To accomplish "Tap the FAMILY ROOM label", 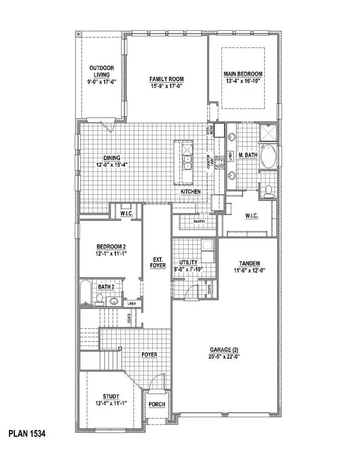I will pyautogui.click(x=166, y=79).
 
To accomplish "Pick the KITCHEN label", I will pyautogui.click(x=190, y=192).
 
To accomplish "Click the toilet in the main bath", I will pyautogui.click(x=269, y=190).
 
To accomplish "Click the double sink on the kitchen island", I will pyautogui.click(x=188, y=162).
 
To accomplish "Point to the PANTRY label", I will pyautogui.click(x=200, y=221).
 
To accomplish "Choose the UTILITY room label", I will pyautogui.click(x=188, y=262).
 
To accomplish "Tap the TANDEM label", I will pyautogui.click(x=250, y=263).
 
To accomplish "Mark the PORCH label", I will pyautogui.click(x=157, y=404).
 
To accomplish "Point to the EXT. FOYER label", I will pyautogui.click(x=158, y=262).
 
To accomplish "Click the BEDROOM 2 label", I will pyautogui.click(x=108, y=247).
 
